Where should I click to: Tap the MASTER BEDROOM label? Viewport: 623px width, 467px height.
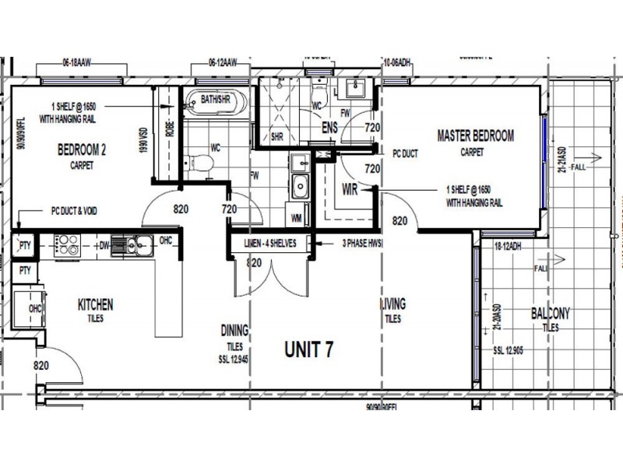tap(475, 136)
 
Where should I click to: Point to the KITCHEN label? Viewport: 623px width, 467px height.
tap(95, 304)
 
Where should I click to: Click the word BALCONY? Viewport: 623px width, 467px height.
tap(551, 314)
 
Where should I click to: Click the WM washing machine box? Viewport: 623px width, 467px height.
tap(297, 218)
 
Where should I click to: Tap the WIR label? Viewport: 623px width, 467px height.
tap(350, 190)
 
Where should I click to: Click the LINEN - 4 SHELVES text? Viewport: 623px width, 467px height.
tap(269, 244)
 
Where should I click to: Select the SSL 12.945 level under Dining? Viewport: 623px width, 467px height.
tap(234, 360)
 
